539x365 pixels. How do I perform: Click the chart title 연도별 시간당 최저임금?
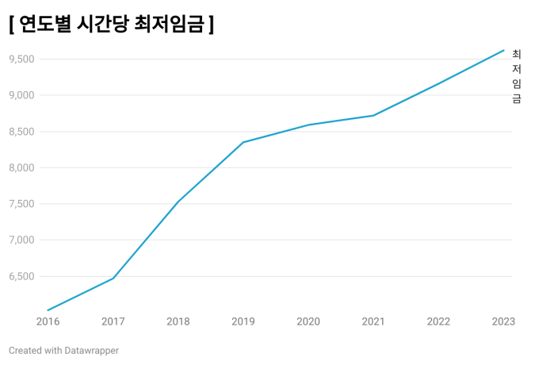point(112,25)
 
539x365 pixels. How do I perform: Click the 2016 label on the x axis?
point(48,321)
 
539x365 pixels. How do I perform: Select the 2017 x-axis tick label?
point(113,321)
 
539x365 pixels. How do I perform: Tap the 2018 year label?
point(178,321)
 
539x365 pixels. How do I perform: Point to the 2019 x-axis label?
point(243,321)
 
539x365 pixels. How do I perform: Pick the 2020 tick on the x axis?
point(308,321)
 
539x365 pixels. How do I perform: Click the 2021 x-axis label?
point(373,321)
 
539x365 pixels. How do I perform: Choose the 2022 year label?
point(438,321)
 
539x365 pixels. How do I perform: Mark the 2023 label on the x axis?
point(503,321)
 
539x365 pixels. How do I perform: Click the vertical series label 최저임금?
point(517,76)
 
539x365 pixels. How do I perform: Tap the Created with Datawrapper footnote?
point(63,350)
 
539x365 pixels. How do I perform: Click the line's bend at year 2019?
point(243,142)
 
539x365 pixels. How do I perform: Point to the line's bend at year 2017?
point(113,278)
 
